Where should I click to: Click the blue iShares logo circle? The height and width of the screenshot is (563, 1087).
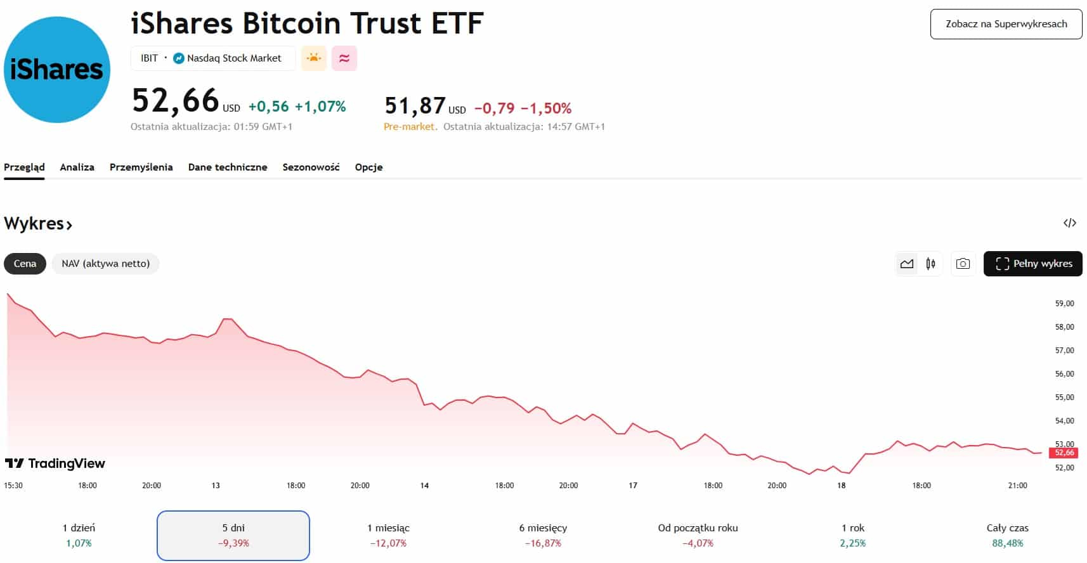[57, 70]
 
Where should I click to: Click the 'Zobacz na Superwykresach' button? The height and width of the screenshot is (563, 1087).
[1006, 24]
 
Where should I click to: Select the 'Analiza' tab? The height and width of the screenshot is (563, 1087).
[77, 167]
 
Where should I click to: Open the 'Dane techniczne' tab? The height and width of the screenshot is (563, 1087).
[228, 167]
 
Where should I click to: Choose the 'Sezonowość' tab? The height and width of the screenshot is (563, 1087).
[311, 167]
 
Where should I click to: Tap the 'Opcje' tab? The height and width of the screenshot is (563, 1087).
[368, 167]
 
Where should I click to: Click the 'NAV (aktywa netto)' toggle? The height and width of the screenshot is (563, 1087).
[105, 264]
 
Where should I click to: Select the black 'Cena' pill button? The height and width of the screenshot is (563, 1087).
[25, 264]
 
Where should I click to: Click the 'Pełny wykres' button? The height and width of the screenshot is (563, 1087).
[1032, 264]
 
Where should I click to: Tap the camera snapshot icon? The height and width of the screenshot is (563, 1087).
[963, 264]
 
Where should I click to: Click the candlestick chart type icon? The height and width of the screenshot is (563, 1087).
[930, 264]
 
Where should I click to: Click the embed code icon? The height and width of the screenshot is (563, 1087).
[1069, 223]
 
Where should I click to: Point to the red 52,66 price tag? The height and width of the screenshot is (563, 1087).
[1064, 453]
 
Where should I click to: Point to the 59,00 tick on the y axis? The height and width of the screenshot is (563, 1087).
[1064, 304]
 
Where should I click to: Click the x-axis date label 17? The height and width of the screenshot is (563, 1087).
[633, 486]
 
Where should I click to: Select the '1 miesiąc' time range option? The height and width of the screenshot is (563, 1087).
[388, 535]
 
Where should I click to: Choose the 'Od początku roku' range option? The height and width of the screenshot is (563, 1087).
[698, 535]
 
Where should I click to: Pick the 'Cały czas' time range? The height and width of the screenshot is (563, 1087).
[1007, 535]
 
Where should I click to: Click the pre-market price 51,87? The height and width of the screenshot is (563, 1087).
[415, 105]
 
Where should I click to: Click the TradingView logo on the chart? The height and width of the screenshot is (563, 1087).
[55, 463]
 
